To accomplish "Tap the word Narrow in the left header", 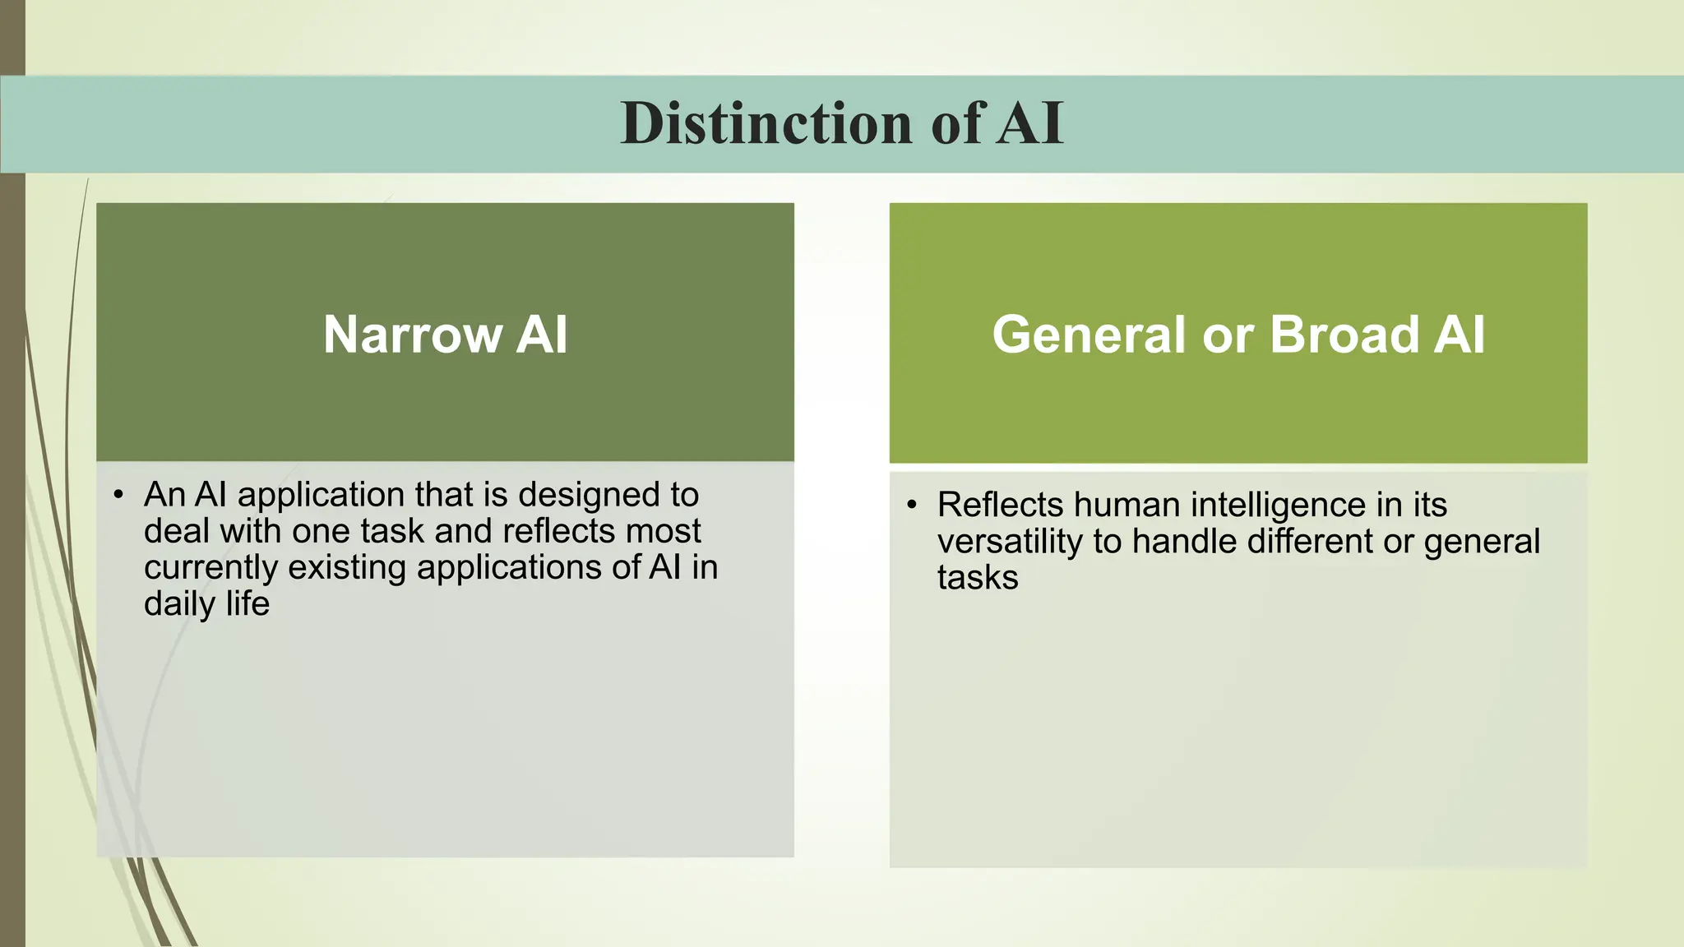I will [x=412, y=335].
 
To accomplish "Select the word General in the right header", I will [x=1088, y=335].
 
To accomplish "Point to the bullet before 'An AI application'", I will [x=118, y=495].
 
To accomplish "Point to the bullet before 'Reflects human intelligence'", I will [x=911, y=505].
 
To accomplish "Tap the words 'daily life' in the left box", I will [x=206, y=604].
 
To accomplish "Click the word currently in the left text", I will [x=210, y=568].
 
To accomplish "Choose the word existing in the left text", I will [x=347, y=568].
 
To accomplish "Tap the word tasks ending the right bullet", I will [x=977, y=578].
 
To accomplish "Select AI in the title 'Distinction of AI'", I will [x=1029, y=123].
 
